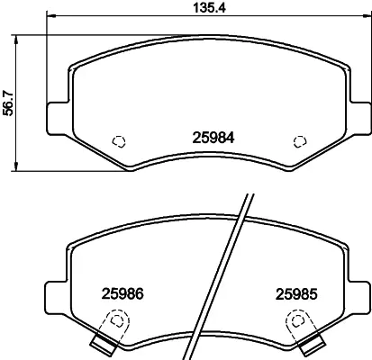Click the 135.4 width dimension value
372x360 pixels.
click(x=209, y=8)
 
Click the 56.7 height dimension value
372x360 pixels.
click(x=8, y=103)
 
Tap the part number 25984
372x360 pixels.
click(x=213, y=138)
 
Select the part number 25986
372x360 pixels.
click(x=122, y=294)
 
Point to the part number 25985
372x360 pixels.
click(x=296, y=294)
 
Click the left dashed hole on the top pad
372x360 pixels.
click(x=119, y=141)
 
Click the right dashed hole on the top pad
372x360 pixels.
click(x=300, y=141)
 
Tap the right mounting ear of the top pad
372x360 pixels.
click(x=360, y=118)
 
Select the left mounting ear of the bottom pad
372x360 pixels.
click(x=57, y=298)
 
